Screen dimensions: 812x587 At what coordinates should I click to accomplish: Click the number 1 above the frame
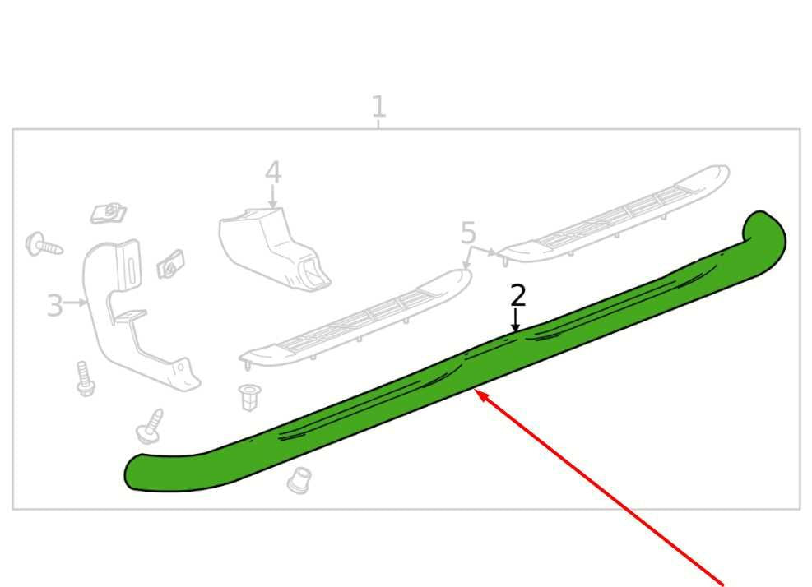tap(378, 107)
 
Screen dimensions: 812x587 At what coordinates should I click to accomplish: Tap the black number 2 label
tap(517, 295)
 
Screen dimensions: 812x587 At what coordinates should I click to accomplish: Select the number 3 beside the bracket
tap(54, 305)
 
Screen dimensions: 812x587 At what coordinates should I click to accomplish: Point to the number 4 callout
tap(273, 173)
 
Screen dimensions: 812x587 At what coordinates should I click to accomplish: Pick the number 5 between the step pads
tap(467, 233)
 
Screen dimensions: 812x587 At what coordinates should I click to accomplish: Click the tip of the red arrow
tap(476, 390)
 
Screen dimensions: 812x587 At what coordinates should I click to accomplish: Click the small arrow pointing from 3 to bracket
tap(76, 303)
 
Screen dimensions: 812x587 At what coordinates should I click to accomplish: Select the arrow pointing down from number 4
tap(273, 197)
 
